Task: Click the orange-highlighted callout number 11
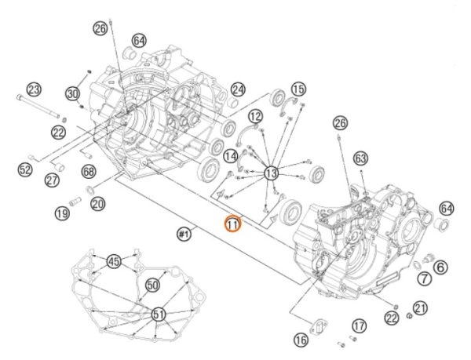tap(232, 224)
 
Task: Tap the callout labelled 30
tap(73, 94)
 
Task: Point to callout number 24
tap(238, 90)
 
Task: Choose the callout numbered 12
tap(255, 116)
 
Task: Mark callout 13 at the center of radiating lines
tap(272, 172)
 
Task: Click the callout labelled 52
tap(24, 169)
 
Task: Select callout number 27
tap(52, 180)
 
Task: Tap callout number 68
tap(88, 171)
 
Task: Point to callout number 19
tap(62, 211)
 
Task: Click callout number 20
tap(97, 203)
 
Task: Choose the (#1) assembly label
tap(185, 232)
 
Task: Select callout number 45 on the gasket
tap(114, 261)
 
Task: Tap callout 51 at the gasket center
tap(159, 315)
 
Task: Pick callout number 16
tap(301, 339)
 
